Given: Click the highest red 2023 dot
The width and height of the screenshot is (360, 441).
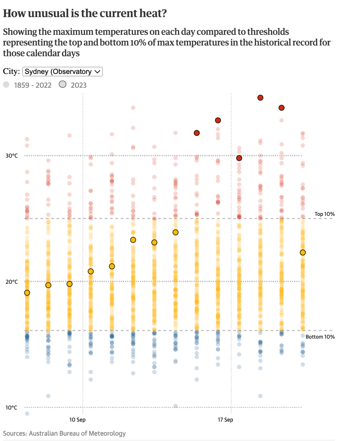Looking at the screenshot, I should (260, 98).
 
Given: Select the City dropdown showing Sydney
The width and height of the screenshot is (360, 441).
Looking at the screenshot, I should (62, 72).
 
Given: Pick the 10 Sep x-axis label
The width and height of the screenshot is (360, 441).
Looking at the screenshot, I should (78, 419).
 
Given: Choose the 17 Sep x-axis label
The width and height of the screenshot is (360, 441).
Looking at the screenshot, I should (225, 419).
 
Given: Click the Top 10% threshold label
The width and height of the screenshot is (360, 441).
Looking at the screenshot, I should (324, 214).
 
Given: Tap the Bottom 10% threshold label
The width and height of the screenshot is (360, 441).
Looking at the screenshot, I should (320, 337).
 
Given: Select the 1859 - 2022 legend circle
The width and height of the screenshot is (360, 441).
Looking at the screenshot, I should (6, 85).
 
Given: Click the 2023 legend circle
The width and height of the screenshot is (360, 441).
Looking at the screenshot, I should (63, 85).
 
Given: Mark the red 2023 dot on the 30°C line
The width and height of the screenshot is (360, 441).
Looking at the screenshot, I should (239, 158).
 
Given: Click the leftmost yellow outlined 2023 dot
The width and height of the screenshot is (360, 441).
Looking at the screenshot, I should (27, 293).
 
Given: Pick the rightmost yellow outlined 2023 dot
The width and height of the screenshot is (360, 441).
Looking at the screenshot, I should (303, 253).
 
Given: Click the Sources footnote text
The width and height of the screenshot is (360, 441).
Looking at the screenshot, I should (64, 433).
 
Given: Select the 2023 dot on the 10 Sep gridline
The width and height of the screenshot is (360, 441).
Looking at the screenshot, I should (69, 284).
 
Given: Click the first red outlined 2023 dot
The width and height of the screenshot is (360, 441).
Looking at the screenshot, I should (196, 133).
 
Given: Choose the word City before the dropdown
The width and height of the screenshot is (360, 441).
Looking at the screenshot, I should (11, 71).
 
